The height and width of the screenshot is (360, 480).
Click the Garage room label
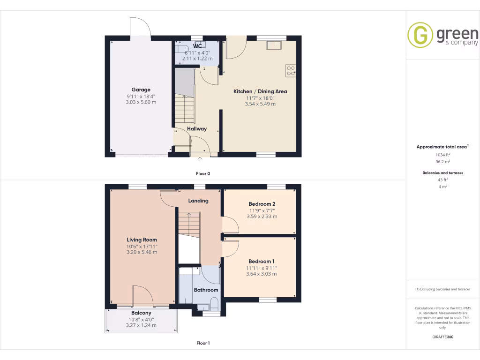click(x=141, y=90)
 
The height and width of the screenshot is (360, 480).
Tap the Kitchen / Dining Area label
click(x=260, y=91)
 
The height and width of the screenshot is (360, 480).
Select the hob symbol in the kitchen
click(x=291, y=70)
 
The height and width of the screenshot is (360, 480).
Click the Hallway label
click(x=197, y=128)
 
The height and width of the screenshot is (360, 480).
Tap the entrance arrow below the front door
click(x=201, y=160)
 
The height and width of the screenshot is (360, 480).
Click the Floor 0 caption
click(x=203, y=173)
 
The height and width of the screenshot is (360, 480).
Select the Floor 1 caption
click(x=203, y=343)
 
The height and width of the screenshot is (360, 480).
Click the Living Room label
click(x=141, y=240)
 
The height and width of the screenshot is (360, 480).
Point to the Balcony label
click(x=141, y=313)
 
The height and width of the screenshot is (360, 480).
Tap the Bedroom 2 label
click(x=262, y=204)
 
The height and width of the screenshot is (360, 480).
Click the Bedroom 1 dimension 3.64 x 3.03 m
click(x=262, y=274)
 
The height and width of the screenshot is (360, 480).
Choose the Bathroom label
click(x=206, y=290)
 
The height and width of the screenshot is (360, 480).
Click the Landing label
click(x=198, y=201)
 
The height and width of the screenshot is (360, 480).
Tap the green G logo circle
click(x=420, y=35)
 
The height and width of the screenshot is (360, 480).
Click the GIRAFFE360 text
click(x=442, y=337)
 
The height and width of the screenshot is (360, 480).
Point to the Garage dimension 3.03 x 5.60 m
click(x=141, y=102)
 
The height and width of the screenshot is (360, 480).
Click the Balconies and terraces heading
click(x=442, y=173)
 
